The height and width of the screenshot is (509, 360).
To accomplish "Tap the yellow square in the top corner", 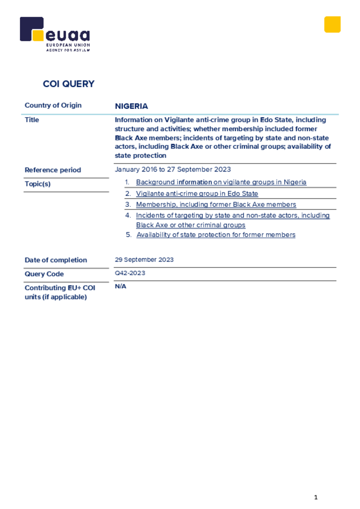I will click(332, 24).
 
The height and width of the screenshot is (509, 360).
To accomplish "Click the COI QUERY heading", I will click(69, 84).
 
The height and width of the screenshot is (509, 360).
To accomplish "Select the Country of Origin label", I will click(53, 105).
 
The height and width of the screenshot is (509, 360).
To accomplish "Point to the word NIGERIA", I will click(131, 106).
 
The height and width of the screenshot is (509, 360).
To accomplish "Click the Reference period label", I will click(53, 170).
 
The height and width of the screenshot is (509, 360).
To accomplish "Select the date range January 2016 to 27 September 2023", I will click(173, 170).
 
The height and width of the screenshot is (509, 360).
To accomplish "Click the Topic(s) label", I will click(38, 184).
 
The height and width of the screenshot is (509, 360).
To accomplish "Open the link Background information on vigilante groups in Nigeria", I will click(221, 182).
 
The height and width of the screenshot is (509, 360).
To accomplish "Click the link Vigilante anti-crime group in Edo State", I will click(197, 194).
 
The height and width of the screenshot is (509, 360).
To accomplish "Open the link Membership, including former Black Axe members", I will click(216, 205).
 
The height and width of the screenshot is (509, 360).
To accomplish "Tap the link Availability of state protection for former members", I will click(216, 235).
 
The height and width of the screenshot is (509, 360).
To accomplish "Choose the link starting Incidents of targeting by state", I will click(233, 216).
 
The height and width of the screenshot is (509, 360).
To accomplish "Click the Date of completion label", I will click(56, 260).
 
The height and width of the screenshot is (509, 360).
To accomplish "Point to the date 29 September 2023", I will click(144, 260).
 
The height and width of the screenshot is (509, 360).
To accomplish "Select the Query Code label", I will click(44, 274).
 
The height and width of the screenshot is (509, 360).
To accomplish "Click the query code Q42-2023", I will click(130, 273).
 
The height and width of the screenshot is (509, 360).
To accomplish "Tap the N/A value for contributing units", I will click(120, 287).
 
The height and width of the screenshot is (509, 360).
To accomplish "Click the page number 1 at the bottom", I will click(316, 498).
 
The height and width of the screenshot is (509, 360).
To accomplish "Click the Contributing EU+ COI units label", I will click(60, 292).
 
